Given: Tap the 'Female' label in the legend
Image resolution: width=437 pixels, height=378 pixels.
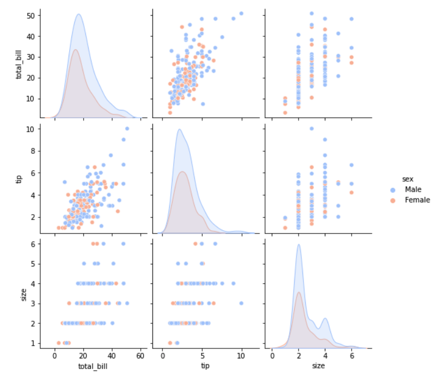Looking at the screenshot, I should [417, 200].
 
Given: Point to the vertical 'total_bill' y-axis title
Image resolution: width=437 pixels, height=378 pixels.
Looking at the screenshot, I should [20, 62].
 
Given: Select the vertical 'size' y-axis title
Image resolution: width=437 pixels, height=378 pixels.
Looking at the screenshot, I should [23, 294].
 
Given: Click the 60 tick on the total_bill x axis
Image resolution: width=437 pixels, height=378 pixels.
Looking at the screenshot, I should [140, 355].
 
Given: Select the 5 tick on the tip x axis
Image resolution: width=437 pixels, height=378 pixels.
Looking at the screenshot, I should [202, 355].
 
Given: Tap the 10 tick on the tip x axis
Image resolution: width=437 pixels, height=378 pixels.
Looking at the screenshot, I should [241, 355].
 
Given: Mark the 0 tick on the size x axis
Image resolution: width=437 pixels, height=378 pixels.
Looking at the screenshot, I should [272, 355].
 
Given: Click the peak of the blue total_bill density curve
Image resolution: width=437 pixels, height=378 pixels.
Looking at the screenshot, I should [79, 14].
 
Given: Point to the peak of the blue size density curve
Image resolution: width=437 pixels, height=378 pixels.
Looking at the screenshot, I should [299, 244].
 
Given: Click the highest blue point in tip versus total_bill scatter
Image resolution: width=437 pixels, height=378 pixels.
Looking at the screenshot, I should [127, 128].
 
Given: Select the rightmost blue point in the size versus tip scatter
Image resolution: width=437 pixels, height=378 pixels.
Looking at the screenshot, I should [241, 303].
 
